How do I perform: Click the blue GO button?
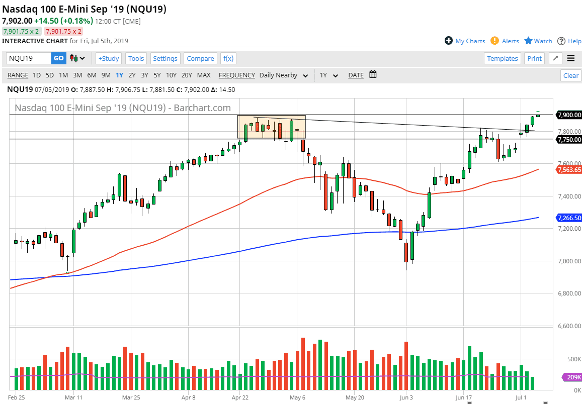coord(58,58)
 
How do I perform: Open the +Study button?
coord(109,58)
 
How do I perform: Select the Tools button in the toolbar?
coord(136,58)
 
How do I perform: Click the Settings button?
coord(165,58)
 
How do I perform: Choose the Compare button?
coord(200,58)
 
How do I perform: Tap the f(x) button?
coord(228,58)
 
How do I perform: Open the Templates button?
coord(502,58)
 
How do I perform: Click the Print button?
coord(534,58)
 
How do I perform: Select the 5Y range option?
coord(157,75)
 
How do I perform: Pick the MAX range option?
coord(204,75)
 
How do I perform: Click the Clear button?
coord(570,75)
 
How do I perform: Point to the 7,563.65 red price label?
coord(569,170)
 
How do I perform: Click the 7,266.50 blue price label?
coord(569,218)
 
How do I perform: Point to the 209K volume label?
coord(572,377)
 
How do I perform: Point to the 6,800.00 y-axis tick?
coord(569,293)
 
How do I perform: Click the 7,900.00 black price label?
coord(569,115)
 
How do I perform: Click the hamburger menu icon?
coord(570,58)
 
